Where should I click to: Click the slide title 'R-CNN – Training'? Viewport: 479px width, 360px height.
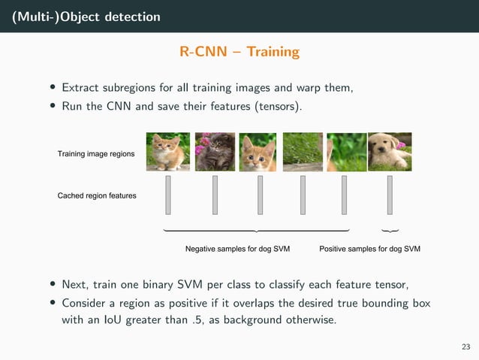pos(239,52)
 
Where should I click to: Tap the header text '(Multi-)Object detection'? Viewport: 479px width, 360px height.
pos(86,16)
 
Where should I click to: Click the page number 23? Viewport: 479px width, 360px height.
pos(465,346)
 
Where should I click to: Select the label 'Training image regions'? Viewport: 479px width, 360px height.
pos(96,154)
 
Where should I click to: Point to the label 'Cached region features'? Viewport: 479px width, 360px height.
pos(97,195)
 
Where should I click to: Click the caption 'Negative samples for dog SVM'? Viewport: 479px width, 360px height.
pos(238,248)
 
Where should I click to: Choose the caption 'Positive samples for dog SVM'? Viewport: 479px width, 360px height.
pos(370,248)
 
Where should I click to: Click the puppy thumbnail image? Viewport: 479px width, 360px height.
pos(390,152)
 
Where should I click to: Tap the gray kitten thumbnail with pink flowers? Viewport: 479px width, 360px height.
pos(215,152)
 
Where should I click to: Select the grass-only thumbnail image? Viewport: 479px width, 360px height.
pos(303,152)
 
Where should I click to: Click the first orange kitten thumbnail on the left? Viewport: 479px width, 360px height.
pos(167,152)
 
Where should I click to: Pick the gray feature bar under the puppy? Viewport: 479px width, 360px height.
pos(390,195)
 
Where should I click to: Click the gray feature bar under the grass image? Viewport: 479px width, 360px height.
pos(303,195)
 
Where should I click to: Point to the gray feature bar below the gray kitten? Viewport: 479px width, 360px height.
pos(215,195)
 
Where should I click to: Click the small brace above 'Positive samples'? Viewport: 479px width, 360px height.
pos(390,230)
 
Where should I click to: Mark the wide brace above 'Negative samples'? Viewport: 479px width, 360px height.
pos(257,229)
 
